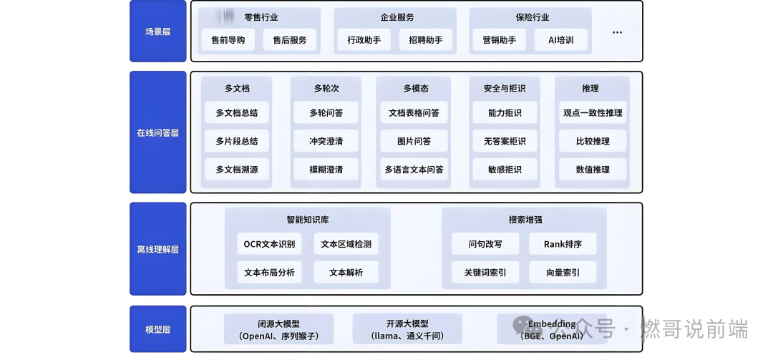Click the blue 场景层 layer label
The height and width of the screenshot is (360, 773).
[x=157, y=31]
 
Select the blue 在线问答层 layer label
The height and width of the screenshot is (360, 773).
[x=157, y=132]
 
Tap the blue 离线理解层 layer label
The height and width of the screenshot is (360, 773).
[x=157, y=249]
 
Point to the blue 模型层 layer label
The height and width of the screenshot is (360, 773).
[x=157, y=329]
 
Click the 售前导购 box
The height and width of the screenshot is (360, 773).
[x=228, y=40]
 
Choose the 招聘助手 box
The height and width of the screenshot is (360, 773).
[x=425, y=40]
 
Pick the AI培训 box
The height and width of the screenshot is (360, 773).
[x=560, y=40]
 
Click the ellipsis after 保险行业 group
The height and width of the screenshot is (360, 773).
[x=617, y=32]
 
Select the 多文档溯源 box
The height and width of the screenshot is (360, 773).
[x=236, y=170]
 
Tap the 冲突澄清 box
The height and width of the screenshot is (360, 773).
[x=326, y=141]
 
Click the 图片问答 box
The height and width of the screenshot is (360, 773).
[x=414, y=141]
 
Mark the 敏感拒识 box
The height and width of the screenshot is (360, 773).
[x=504, y=170]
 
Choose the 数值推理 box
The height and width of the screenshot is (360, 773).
[x=593, y=170]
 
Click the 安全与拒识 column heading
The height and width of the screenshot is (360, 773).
[x=504, y=88]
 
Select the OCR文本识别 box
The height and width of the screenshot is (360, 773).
[x=269, y=244]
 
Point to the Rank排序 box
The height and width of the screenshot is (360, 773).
[x=563, y=244]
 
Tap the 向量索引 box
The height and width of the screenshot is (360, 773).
[x=563, y=272]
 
